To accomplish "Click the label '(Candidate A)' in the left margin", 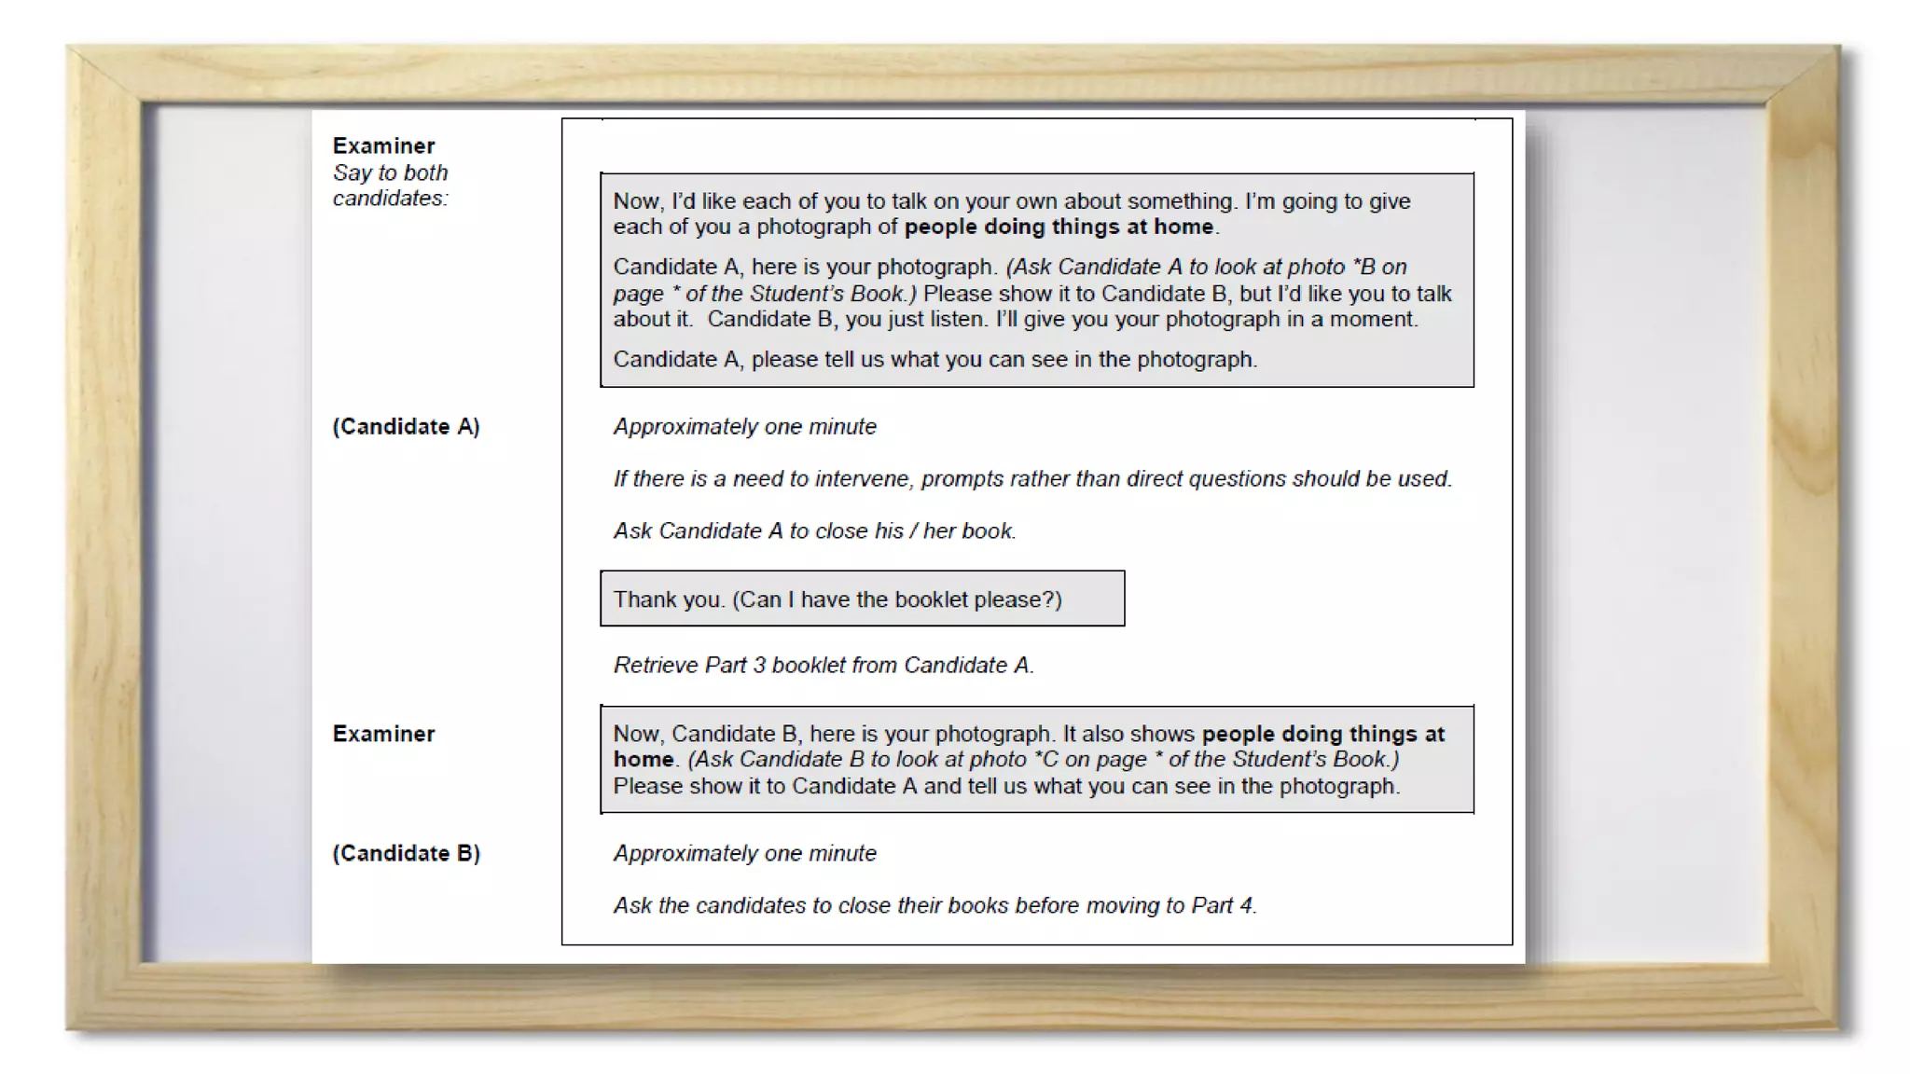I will tap(406, 427).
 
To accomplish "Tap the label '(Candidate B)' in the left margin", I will tap(406, 854).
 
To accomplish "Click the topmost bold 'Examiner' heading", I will tap(383, 146).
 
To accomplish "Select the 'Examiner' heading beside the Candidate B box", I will tap(383, 735).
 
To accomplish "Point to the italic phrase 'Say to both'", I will tap(390, 173).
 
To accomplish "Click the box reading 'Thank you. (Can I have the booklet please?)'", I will tap(862, 599).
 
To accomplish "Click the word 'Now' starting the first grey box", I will tap(636, 201).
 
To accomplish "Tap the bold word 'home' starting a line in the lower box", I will tap(643, 761).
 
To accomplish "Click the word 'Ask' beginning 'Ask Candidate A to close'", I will tap(632, 531).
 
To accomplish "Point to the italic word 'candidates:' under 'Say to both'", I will tap(390, 199).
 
